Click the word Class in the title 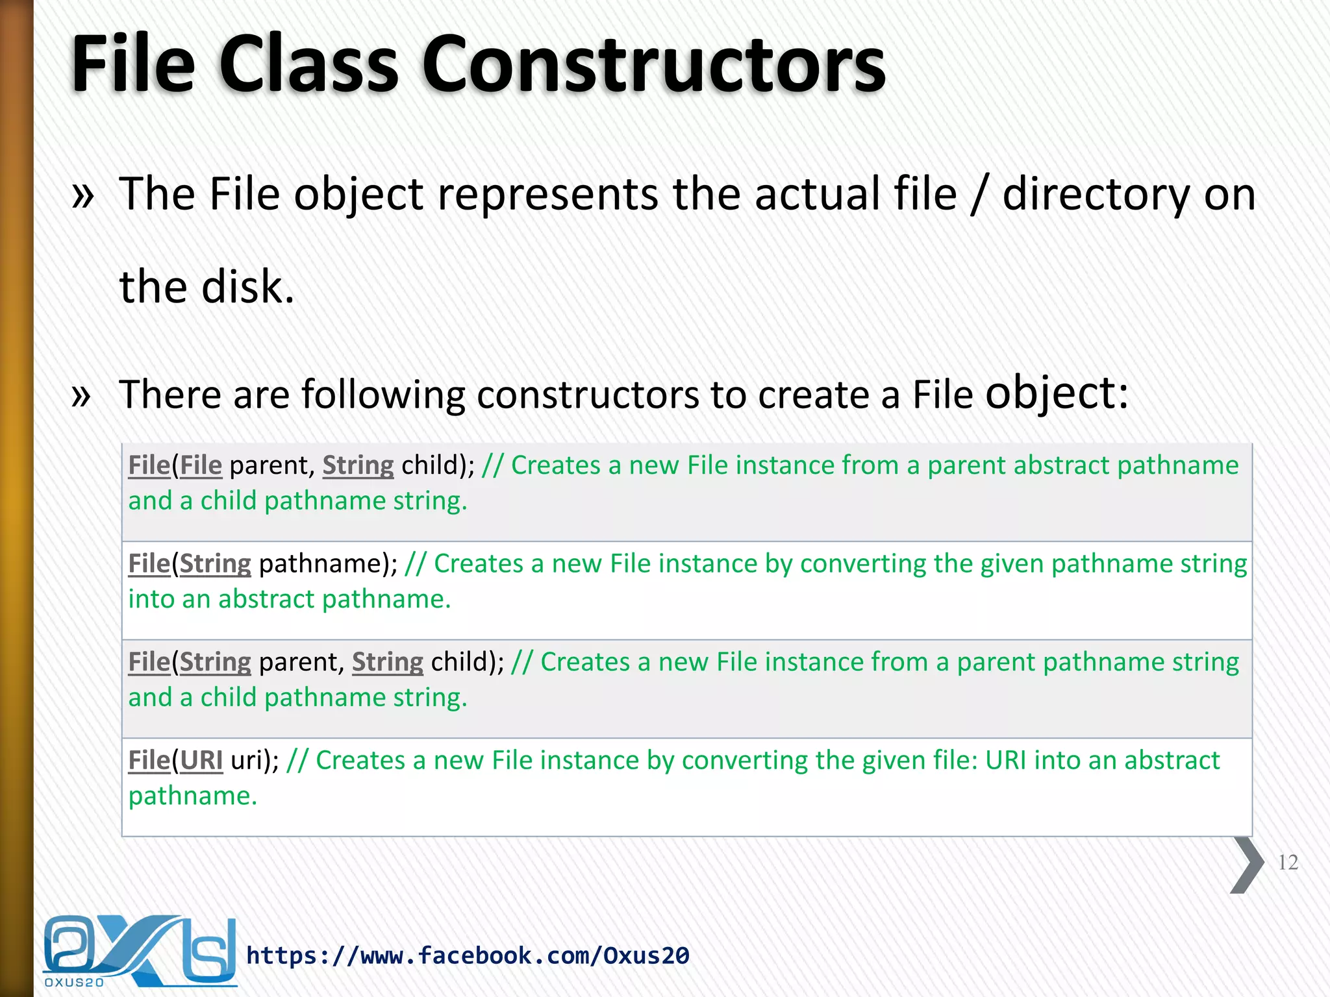[308, 65]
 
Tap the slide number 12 [1288, 862]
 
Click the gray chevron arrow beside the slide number [1247, 865]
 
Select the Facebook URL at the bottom [468, 955]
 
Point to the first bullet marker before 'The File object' [83, 195]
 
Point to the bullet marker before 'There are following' [81, 395]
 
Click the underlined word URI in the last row [201, 760]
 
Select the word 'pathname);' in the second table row [328, 564]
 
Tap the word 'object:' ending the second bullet [1057, 393]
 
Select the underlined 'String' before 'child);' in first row [358, 465]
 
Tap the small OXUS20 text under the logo [74, 983]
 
